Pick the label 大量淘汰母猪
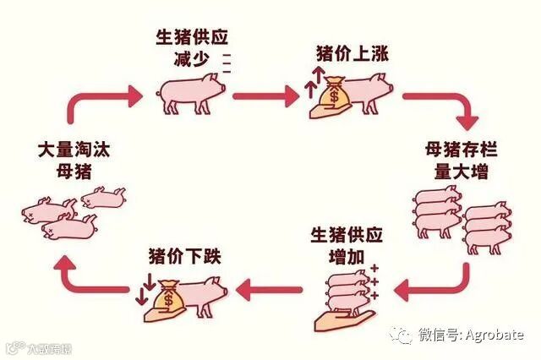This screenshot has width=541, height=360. [x=74, y=161]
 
